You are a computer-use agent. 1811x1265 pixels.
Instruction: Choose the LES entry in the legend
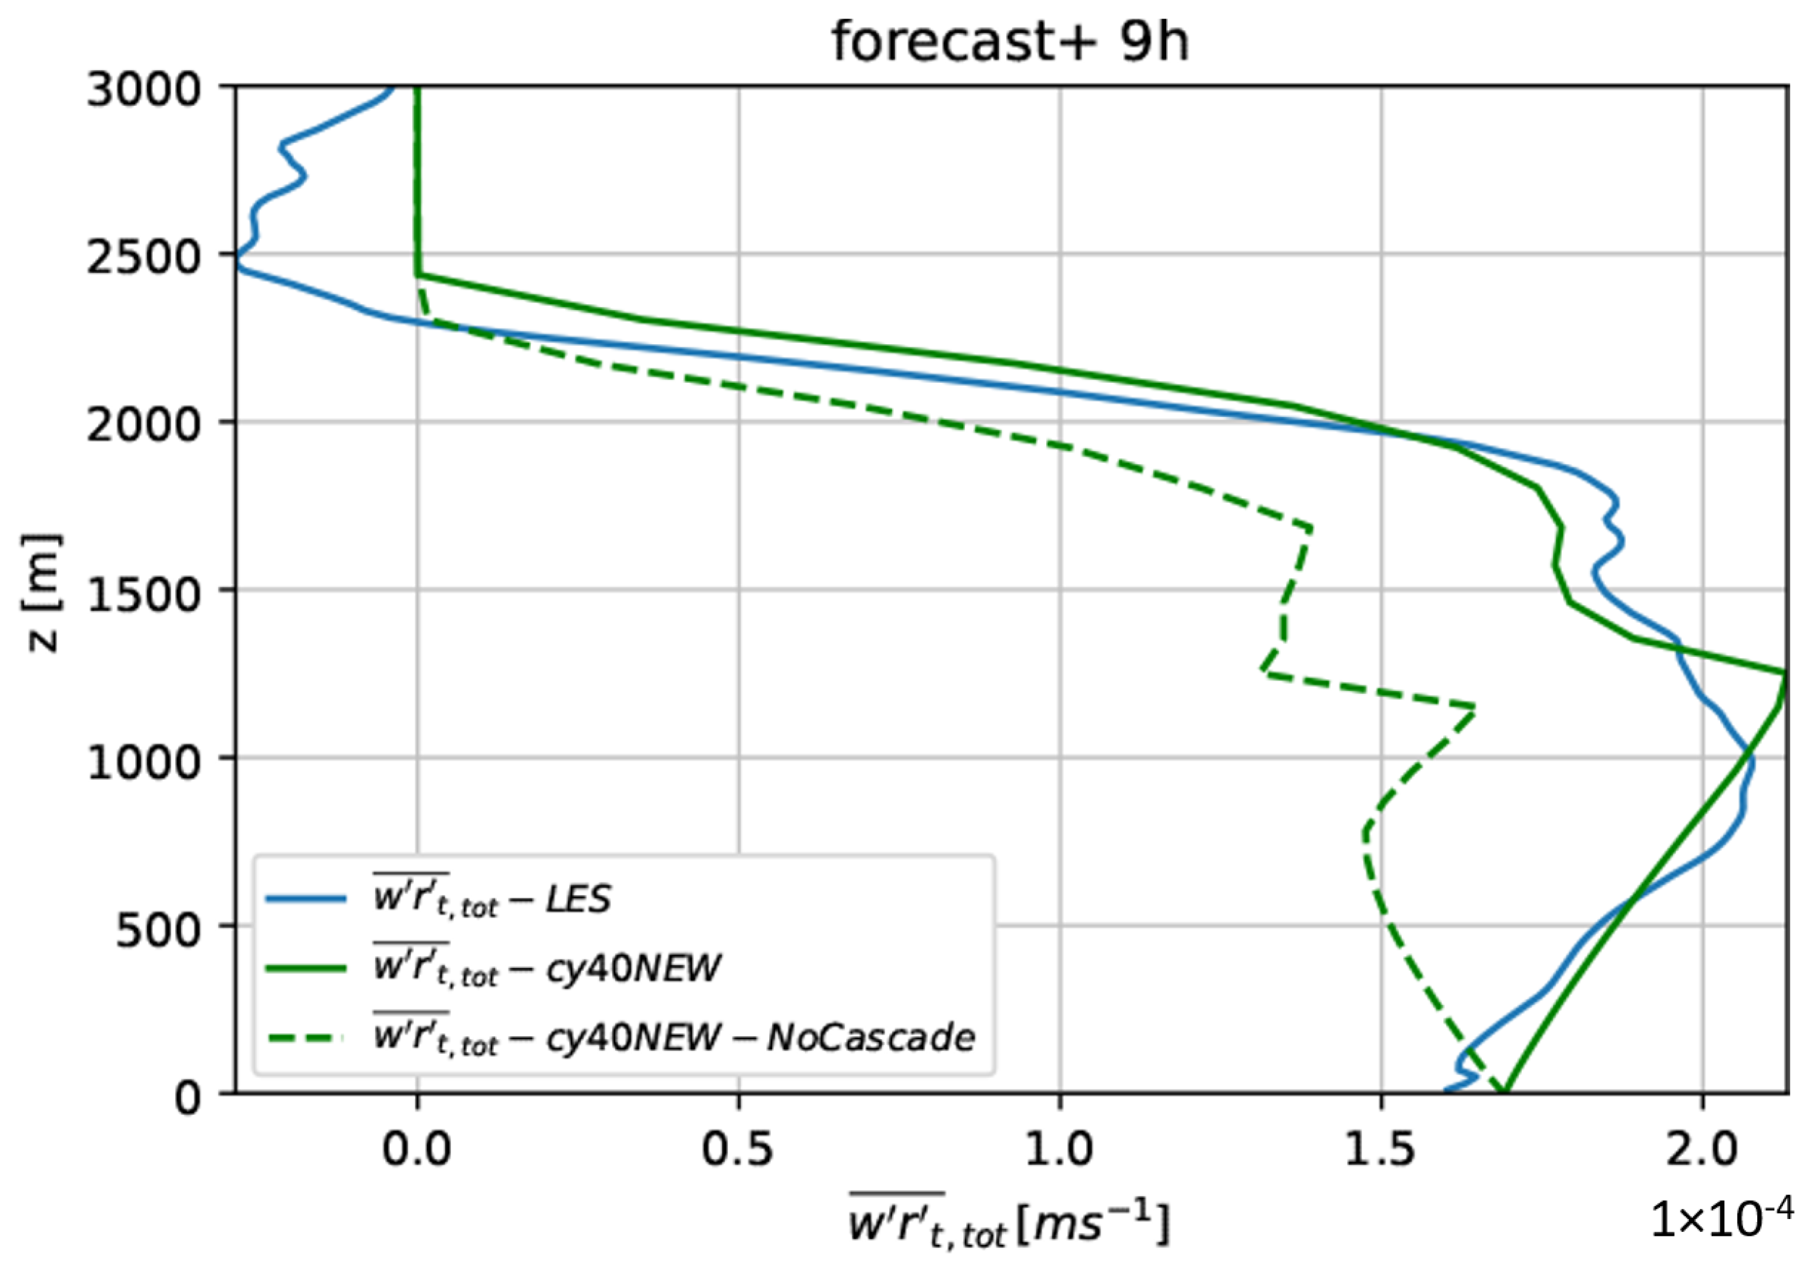tap(492, 899)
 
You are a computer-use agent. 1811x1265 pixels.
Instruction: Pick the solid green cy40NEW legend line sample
tap(306, 969)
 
